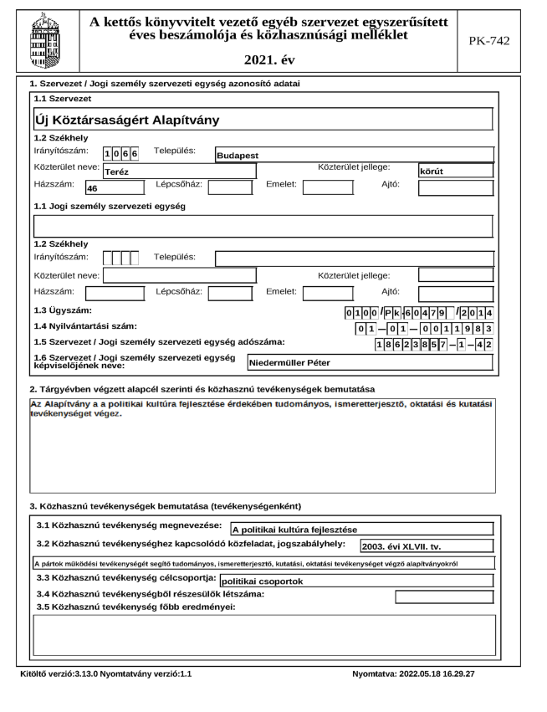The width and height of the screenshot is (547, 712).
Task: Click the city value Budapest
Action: pyautogui.click(x=238, y=156)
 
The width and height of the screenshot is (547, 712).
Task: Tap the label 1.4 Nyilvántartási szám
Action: pyautogui.click(x=82, y=325)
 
